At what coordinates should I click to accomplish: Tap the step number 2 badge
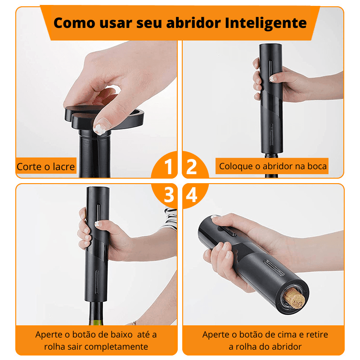pos(192,167)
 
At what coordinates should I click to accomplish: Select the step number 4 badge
pos(192,195)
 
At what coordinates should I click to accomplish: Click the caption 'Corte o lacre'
pos(46,167)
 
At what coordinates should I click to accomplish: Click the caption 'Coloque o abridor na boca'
pos(273,166)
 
